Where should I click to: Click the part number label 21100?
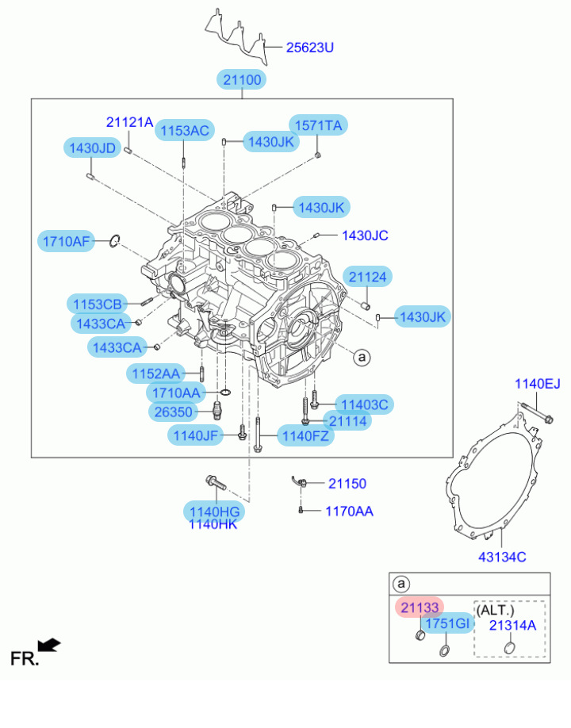(x=242, y=79)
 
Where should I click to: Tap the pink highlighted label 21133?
(x=420, y=607)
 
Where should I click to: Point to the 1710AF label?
(x=67, y=240)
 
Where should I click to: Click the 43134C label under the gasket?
(x=502, y=557)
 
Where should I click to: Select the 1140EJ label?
(x=537, y=385)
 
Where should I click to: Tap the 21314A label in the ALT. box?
(x=512, y=625)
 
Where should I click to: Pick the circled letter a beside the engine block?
(x=361, y=358)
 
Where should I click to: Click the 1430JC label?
(x=365, y=236)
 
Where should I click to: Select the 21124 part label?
(x=368, y=276)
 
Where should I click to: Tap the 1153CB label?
(x=98, y=304)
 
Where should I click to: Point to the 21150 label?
(x=347, y=483)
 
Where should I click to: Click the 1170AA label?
(x=349, y=512)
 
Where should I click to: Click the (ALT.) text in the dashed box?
(x=495, y=611)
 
